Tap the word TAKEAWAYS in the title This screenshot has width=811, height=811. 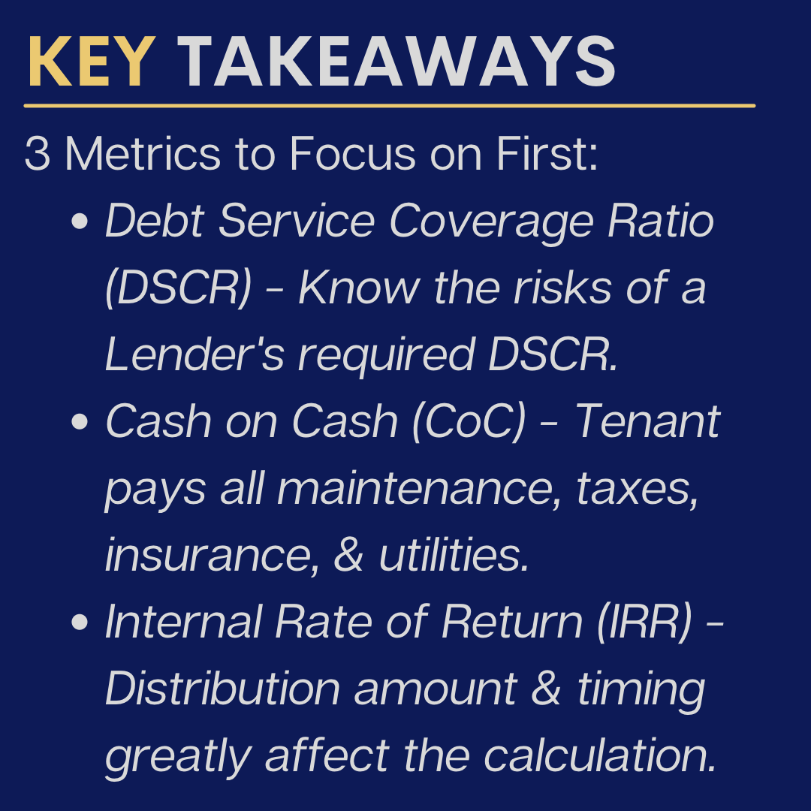[x=397, y=63]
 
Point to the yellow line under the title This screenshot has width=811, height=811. [x=389, y=106]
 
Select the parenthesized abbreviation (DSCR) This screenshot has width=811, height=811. [x=179, y=288]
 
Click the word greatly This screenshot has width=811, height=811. [x=178, y=756]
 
